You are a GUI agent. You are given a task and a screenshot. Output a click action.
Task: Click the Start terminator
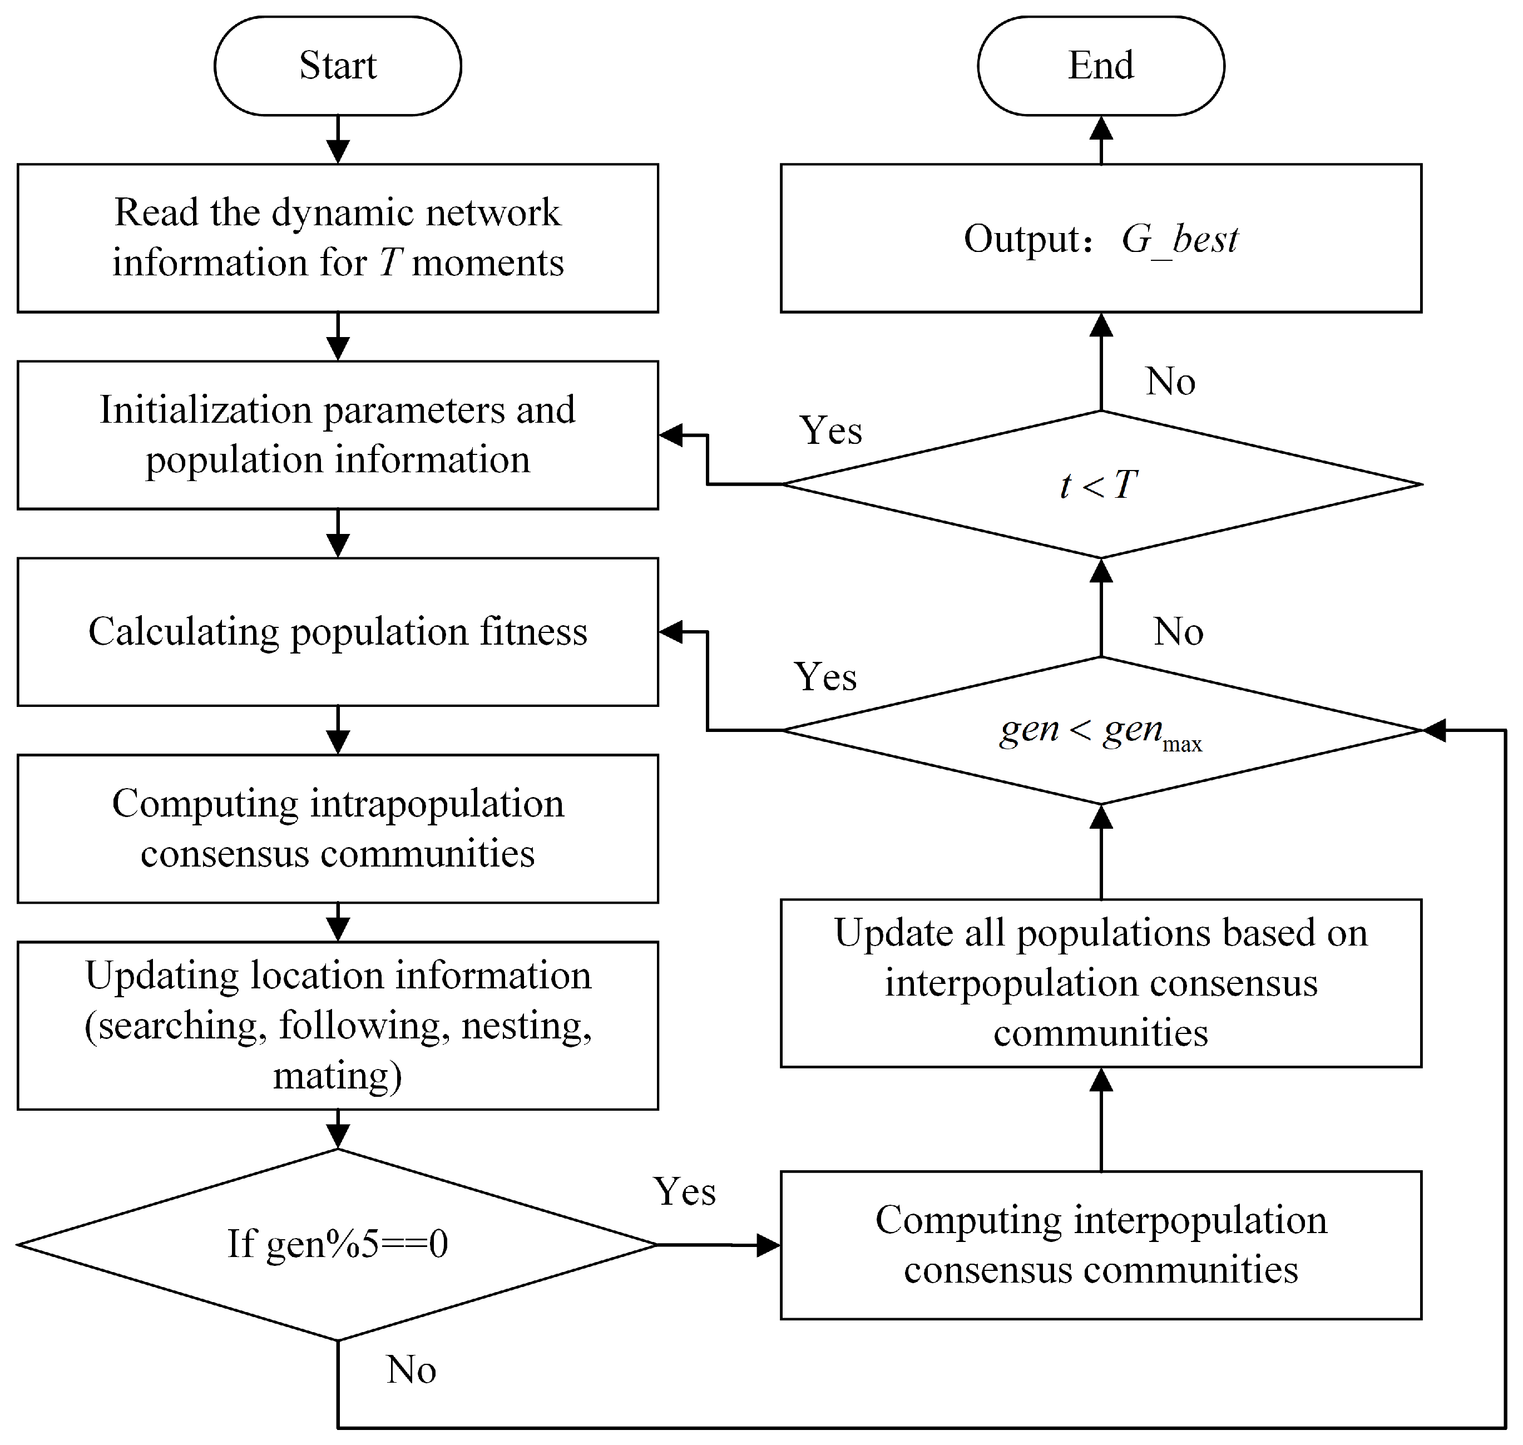tap(338, 66)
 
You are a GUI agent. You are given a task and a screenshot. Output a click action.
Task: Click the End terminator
tap(1100, 66)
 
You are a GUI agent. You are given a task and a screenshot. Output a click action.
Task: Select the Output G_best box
tap(1100, 238)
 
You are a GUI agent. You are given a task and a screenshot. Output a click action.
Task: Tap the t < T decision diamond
tap(1100, 484)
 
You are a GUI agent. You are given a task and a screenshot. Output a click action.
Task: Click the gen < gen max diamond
tap(1100, 730)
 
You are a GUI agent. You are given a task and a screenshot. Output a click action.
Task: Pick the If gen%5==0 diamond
tap(338, 1244)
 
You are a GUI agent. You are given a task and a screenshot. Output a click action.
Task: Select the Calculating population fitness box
tap(338, 632)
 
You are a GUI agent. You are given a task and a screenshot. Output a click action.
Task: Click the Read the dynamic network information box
tap(338, 237)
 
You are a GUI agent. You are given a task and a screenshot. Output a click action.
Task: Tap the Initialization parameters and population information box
tap(338, 434)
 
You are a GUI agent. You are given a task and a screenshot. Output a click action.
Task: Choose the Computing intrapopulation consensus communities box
tap(338, 828)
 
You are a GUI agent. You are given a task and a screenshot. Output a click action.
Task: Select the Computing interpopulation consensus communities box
tap(1100, 1245)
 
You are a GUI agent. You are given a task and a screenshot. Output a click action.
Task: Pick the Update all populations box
tap(1100, 983)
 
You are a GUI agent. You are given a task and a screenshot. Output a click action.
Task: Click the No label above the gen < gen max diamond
tap(1178, 632)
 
